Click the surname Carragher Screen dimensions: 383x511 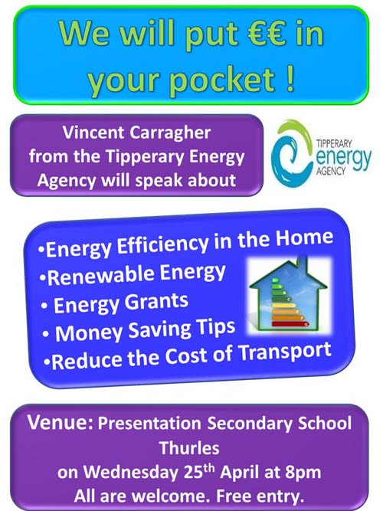(170, 134)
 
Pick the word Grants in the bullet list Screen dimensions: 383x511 (156, 301)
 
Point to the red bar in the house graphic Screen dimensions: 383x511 (290, 323)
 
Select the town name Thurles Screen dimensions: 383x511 (189, 447)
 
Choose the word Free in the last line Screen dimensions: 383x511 (234, 496)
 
